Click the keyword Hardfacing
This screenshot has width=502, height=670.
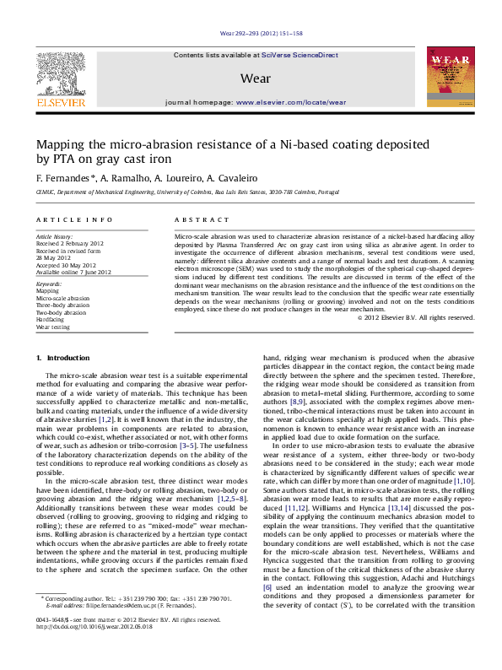pyautogui.click(x=50, y=320)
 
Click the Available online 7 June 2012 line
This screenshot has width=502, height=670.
pyautogui.click(x=73, y=273)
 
